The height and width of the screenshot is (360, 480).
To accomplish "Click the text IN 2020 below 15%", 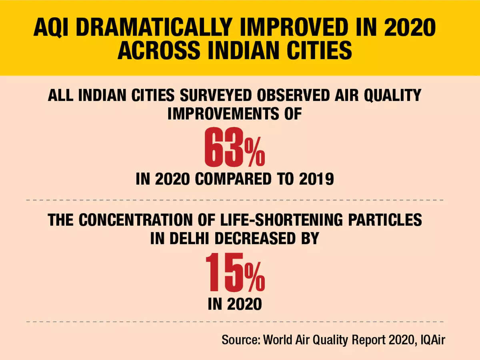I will (235, 304).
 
